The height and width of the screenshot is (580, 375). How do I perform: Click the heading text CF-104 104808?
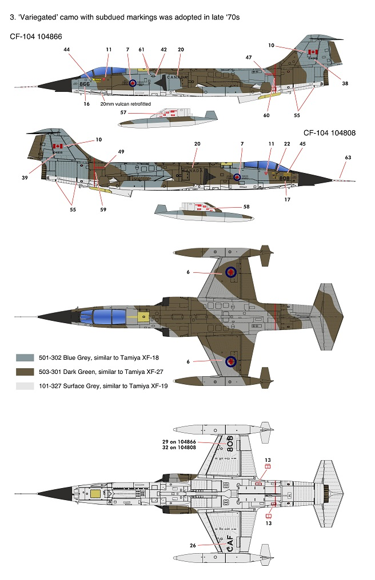330,133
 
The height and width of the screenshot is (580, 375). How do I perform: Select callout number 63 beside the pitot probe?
348,157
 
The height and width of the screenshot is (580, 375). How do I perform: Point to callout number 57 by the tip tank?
123,112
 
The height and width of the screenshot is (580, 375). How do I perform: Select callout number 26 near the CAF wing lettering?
193,545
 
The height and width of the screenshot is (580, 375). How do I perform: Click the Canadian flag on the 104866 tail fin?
313,52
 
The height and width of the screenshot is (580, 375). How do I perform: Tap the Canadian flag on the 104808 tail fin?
57,146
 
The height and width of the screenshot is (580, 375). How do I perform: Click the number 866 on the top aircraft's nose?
85,84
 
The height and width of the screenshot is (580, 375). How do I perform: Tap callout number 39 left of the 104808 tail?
25,178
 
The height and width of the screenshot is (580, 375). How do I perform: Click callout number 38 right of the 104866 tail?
345,83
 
